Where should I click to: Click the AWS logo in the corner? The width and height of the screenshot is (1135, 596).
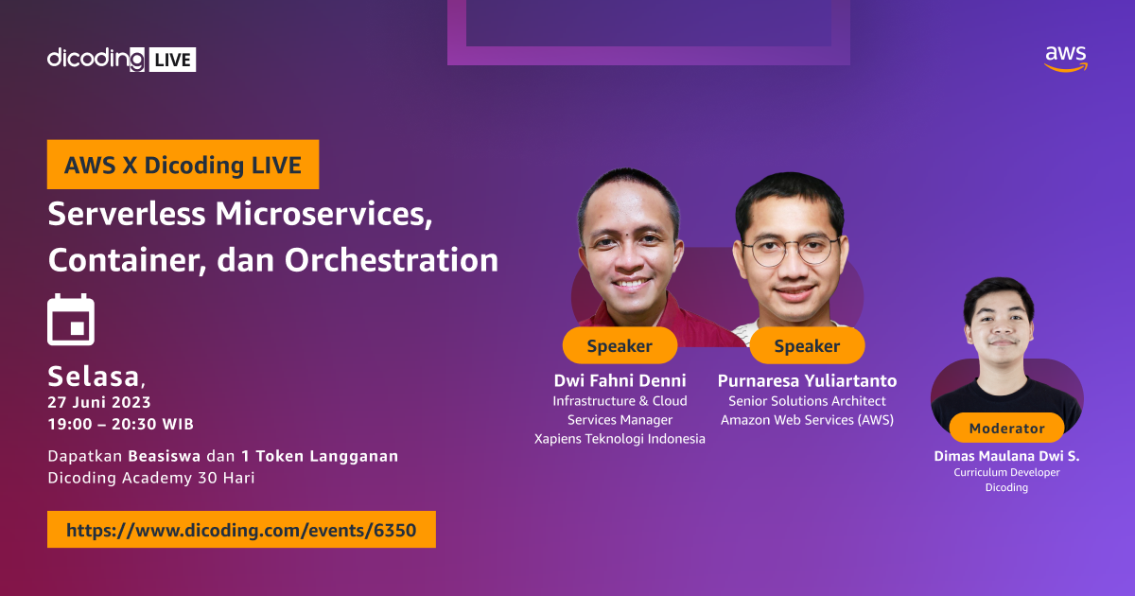click(1066, 59)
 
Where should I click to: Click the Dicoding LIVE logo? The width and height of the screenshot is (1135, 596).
click(121, 59)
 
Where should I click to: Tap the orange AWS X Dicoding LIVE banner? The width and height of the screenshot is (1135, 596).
click(183, 165)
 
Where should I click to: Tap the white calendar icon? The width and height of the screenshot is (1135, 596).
click(71, 319)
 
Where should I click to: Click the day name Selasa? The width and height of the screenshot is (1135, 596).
click(94, 377)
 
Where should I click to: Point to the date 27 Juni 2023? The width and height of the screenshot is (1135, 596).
click(99, 402)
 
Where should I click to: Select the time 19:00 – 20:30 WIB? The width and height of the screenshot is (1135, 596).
click(120, 424)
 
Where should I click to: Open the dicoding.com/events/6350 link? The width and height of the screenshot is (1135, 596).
click(241, 530)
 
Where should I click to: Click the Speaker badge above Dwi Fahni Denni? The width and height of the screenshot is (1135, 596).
click(620, 346)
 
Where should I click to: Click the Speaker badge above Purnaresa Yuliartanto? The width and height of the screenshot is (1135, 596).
click(807, 346)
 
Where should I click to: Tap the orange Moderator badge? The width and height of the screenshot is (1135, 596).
click(1006, 429)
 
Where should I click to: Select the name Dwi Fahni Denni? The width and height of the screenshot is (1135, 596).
click(620, 380)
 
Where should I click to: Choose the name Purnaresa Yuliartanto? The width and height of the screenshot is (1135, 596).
click(807, 380)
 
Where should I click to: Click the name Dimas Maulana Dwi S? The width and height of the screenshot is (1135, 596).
click(1006, 456)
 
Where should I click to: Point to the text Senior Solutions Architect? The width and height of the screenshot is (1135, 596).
click(807, 401)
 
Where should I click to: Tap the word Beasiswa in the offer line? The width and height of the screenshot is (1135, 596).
click(164, 456)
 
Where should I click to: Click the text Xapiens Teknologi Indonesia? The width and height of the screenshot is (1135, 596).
click(620, 438)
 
